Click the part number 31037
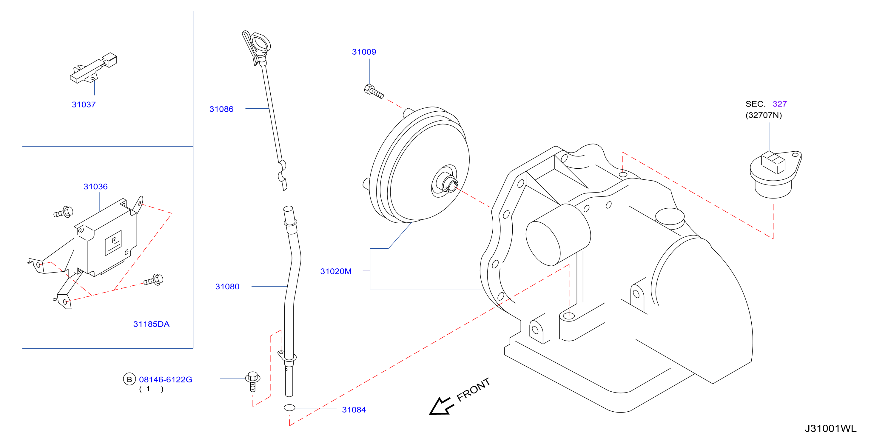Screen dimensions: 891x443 (84, 104)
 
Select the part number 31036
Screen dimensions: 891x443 (95, 187)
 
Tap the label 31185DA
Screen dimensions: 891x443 (152, 324)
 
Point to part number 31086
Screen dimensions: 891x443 (221, 109)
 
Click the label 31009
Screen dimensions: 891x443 (364, 52)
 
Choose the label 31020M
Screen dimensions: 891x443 (336, 271)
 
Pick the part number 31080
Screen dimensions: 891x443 (227, 287)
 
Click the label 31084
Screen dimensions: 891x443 (354, 410)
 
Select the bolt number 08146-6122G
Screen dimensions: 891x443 (166, 380)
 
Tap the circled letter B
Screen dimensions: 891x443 (130, 379)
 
